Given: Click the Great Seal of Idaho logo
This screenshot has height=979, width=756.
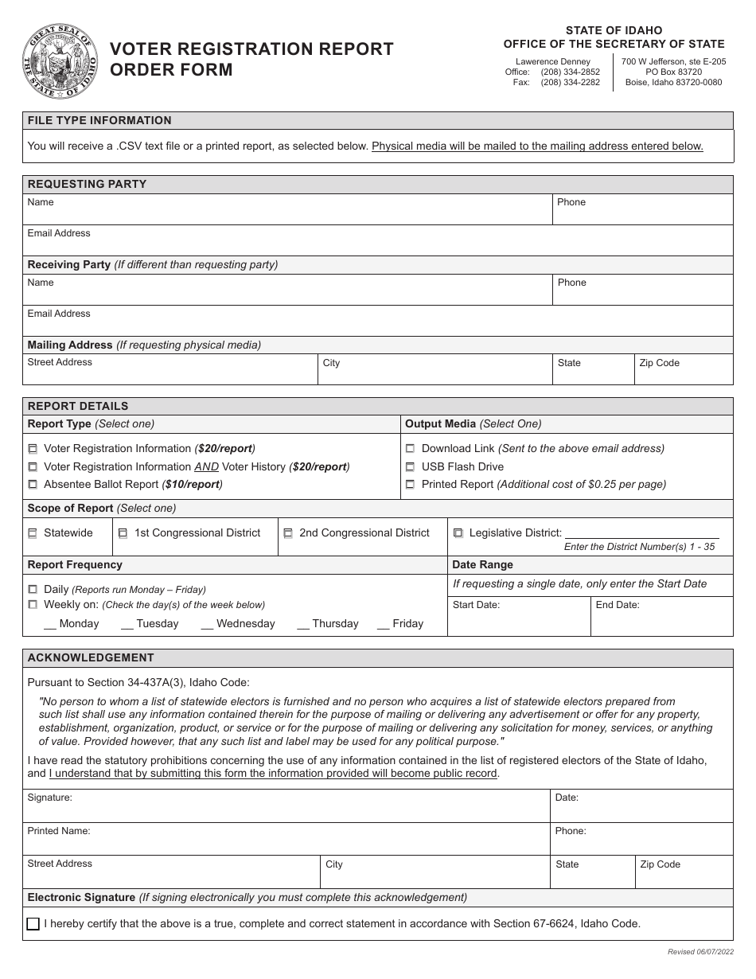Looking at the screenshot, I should click(x=60, y=62).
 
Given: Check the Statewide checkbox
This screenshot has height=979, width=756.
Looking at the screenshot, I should click(x=33, y=533).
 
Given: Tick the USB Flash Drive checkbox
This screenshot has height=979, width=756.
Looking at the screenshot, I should click(x=411, y=467).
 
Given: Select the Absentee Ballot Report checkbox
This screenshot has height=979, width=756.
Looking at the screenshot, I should click(x=33, y=485).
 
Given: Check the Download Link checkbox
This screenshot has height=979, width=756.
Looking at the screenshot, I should click(x=411, y=449).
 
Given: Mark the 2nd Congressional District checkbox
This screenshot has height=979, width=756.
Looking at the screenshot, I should click(x=288, y=533).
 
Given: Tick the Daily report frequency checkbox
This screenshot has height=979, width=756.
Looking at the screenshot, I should click(x=33, y=590).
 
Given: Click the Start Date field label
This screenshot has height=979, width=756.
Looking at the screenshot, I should click(x=476, y=605).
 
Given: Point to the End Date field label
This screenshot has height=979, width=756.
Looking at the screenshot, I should click(x=618, y=605).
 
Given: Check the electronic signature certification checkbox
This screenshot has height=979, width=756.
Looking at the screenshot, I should click(x=33, y=924).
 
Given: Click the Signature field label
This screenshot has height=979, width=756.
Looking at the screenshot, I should click(x=49, y=798).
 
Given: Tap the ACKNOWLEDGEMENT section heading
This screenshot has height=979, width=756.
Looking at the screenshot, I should click(x=91, y=658).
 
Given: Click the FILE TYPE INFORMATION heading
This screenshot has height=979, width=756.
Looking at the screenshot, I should click(x=99, y=121).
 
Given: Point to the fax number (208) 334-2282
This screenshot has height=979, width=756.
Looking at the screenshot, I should click(x=570, y=82).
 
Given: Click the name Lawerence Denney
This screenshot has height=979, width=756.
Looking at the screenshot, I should click(x=553, y=61).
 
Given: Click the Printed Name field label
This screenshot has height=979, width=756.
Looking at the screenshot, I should click(x=59, y=831).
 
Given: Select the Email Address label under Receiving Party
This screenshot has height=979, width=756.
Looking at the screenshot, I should click(x=59, y=314).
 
